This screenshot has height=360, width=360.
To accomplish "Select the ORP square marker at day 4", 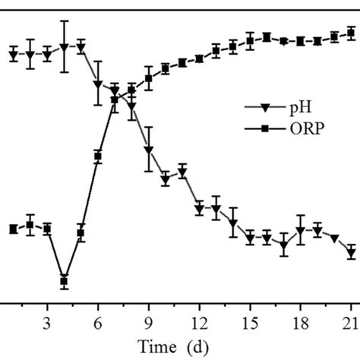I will coord(65,281).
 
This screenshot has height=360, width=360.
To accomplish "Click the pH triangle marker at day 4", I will coord(65,47).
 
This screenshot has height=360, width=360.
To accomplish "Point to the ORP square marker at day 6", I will coord(98,156).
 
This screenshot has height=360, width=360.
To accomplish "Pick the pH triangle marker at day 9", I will coord(149,151).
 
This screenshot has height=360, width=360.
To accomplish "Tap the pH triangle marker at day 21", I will coord(351,253).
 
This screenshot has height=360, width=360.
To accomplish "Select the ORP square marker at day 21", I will coord(351,33).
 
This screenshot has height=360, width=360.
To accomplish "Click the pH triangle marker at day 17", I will coord(284,245).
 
